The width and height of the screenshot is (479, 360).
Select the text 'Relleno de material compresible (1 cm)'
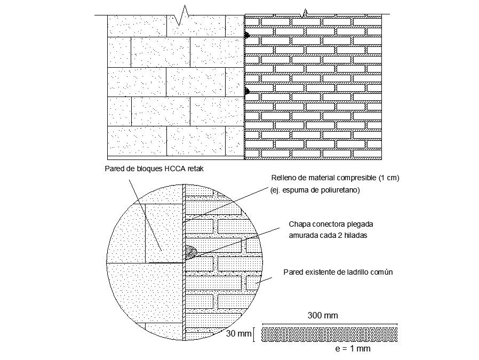pyautogui.click(x=336, y=178)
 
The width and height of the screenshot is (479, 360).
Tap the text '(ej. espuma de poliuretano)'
pyautogui.click(x=316, y=190)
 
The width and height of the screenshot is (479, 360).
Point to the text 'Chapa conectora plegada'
pyautogui.click(x=328, y=225)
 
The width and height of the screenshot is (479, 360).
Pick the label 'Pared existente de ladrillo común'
pyautogui.click(x=338, y=272)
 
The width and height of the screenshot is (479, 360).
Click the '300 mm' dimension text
pyautogui.click(x=323, y=315)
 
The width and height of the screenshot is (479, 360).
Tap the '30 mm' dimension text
pyautogui.click(x=238, y=334)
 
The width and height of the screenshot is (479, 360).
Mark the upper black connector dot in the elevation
pyautogui.click(x=246, y=35)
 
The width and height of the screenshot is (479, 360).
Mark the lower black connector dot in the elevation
pyautogui.click(x=246, y=91)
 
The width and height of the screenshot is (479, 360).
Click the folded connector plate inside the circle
pyautogui.click(x=190, y=251)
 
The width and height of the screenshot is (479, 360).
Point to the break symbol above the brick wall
pyautogui.click(x=305, y=12)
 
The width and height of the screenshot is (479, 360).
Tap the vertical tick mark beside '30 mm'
pyautogui.click(x=254, y=334)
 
